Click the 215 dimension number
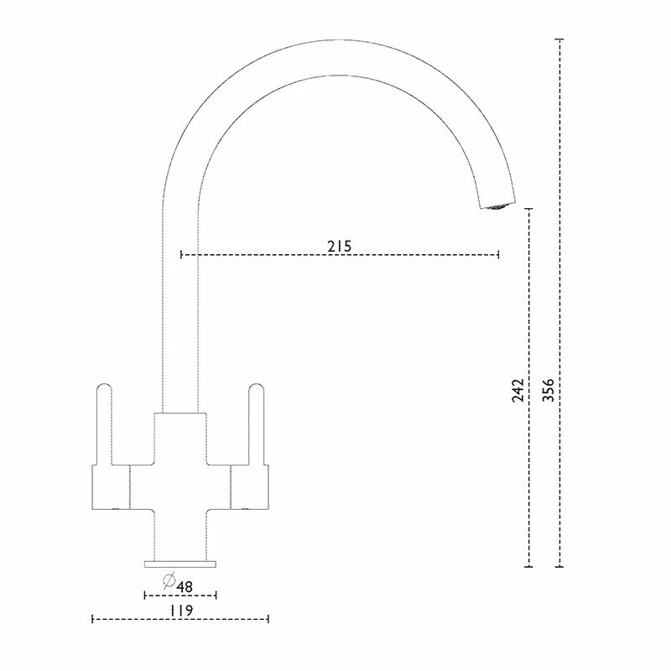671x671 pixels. point(340,246)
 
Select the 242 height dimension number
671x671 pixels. point(518,390)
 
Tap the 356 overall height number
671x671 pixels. point(549,390)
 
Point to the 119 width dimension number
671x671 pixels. point(181,610)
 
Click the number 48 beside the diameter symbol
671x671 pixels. point(185,586)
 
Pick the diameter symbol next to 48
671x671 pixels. point(169,580)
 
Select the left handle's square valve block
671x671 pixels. point(111,487)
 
